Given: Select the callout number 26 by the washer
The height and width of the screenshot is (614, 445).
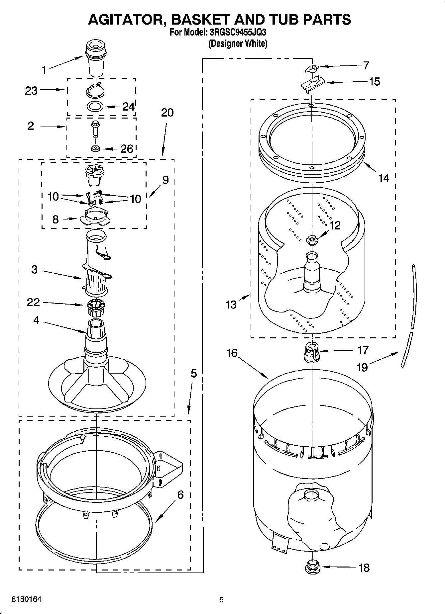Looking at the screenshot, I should click(x=127, y=148).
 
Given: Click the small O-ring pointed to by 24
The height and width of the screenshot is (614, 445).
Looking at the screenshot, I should click(x=95, y=107).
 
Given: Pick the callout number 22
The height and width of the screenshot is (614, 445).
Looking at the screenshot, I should click(x=34, y=302).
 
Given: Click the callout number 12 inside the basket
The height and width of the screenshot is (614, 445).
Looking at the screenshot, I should click(x=335, y=225).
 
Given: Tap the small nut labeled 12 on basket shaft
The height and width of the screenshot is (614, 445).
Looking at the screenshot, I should click(x=312, y=239).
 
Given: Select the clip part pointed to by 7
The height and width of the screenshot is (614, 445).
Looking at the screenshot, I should click(x=311, y=68).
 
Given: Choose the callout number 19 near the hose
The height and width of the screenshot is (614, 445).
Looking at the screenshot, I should click(x=362, y=367).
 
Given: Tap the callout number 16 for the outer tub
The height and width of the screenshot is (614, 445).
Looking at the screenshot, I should click(x=232, y=353).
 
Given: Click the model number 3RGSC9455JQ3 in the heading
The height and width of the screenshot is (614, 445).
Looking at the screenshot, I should click(x=238, y=33).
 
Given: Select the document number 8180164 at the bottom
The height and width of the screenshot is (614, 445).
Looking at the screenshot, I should click(x=27, y=599).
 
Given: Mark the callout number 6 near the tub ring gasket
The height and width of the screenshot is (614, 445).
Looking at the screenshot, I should click(x=180, y=495).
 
